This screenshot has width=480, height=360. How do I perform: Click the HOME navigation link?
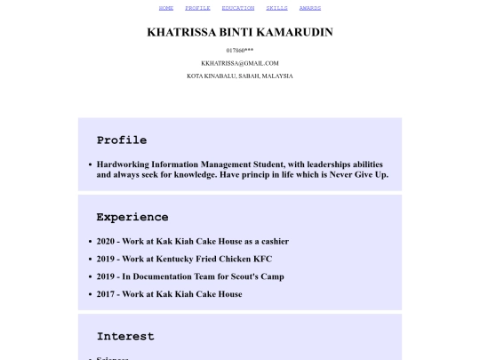(x=166, y=8)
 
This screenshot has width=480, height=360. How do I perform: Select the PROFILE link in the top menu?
(x=197, y=8)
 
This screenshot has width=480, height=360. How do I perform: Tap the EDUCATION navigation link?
(x=238, y=8)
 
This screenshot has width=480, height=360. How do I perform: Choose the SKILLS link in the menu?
(x=276, y=8)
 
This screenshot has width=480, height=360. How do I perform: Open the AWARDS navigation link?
(x=310, y=8)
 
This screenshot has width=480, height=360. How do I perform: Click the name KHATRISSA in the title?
(x=184, y=32)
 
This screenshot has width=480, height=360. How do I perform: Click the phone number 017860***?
(x=240, y=50)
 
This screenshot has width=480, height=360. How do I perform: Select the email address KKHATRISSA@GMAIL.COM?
(x=240, y=63)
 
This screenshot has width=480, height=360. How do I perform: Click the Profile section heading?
(x=122, y=140)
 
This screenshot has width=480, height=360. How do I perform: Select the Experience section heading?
(x=132, y=217)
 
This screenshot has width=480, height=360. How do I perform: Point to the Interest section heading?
(x=125, y=337)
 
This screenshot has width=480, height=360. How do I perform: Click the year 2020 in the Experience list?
(x=106, y=241)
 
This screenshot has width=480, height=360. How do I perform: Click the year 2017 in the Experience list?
(x=106, y=294)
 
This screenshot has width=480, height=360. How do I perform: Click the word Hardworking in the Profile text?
(x=121, y=164)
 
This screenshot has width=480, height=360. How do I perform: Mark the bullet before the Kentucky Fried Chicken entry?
(x=91, y=259)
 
